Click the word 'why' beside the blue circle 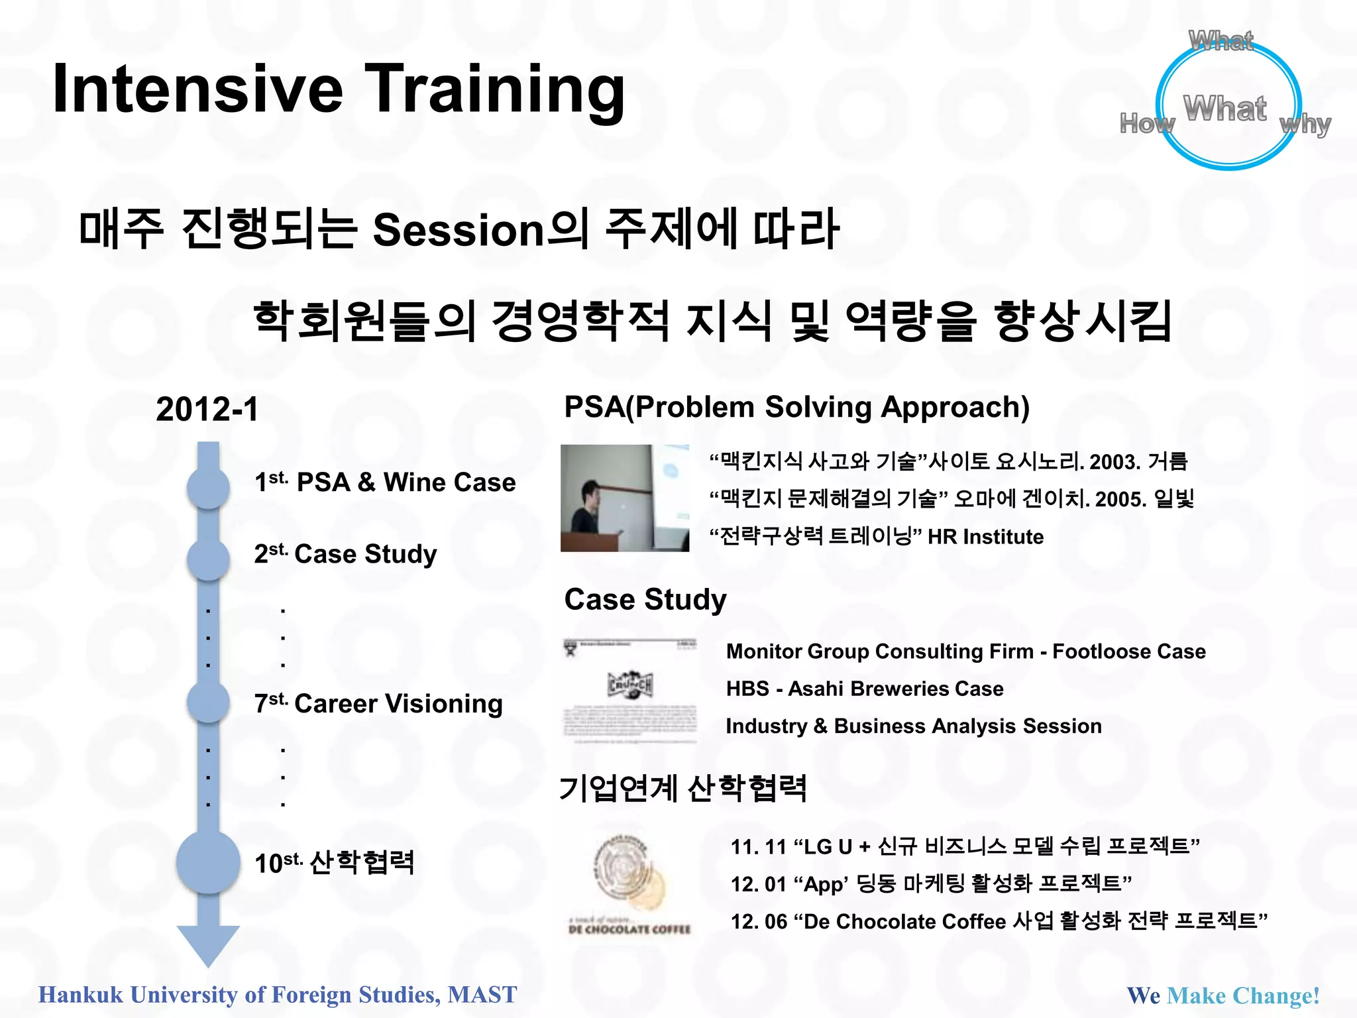[x=1305, y=124]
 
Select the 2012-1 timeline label [x=207, y=409]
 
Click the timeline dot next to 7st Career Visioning [x=208, y=702]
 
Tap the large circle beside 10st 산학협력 [x=208, y=862]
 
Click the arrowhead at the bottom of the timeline [x=208, y=944]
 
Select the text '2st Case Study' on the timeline [x=345, y=554]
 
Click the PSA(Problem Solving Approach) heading [x=796, y=407]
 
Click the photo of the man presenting [x=624, y=498]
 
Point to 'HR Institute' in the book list [x=985, y=536]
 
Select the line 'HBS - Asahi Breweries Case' [x=864, y=689]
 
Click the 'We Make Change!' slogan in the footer [x=1223, y=995]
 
